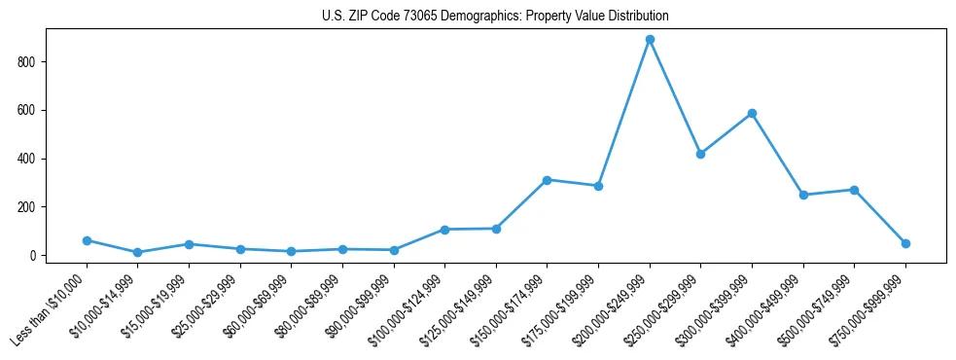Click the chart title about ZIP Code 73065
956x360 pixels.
point(495,17)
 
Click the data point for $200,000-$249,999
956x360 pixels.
point(650,40)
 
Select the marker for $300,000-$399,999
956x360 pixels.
point(752,114)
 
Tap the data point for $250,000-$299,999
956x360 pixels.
point(700,154)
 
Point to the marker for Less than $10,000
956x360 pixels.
point(87,240)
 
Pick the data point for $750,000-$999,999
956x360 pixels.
point(905,243)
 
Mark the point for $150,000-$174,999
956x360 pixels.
point(547,180)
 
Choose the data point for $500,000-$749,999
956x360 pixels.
point(854,190)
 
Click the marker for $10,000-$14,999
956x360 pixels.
point(138,252)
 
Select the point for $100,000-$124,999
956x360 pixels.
point(444,230)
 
